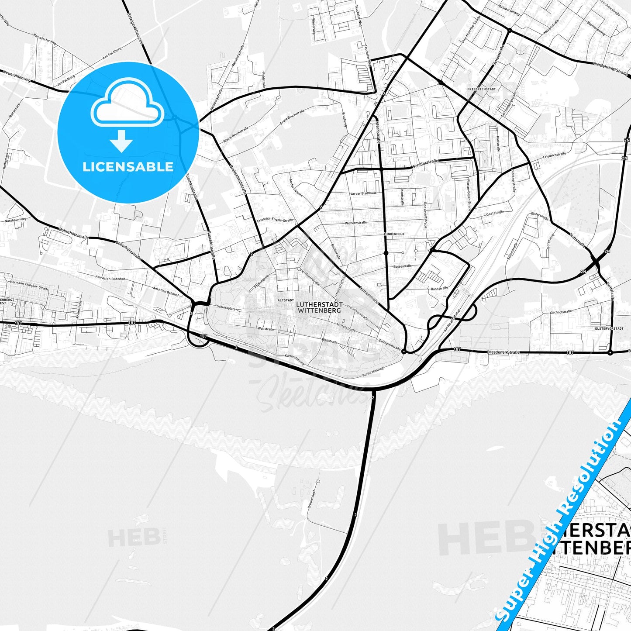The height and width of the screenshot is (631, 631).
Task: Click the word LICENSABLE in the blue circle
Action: (128, 167)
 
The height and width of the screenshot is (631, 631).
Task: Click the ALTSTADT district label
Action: (286, 300)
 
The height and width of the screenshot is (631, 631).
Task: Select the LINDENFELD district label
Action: (394, 234)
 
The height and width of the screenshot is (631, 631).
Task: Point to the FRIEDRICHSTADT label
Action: (481, 89)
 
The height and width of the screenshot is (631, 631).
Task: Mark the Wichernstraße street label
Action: (356, 223)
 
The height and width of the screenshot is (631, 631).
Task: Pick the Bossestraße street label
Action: (402, 266)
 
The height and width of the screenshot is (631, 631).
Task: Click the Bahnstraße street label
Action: (439, 289)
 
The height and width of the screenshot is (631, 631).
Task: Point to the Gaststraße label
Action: (495, 213)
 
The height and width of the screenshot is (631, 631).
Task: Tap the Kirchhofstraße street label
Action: (561, 312)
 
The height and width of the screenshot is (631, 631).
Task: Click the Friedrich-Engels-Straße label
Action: (275, 221)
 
